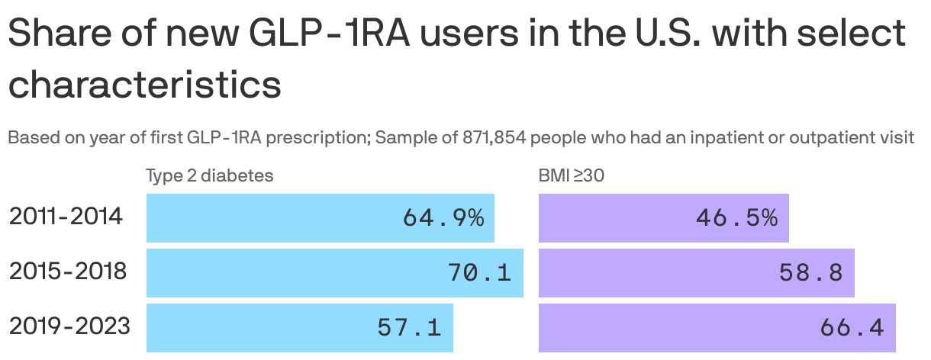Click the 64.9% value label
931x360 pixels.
443,218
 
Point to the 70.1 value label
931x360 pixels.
479,273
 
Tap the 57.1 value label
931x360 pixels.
409,328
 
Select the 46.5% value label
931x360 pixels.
736,218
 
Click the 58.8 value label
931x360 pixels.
810,273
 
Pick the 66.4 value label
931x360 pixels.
852,328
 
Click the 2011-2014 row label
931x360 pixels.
66,217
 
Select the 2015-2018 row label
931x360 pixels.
67,272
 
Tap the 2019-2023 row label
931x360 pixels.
69,326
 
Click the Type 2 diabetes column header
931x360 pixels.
209,175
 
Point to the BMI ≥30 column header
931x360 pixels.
572,175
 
